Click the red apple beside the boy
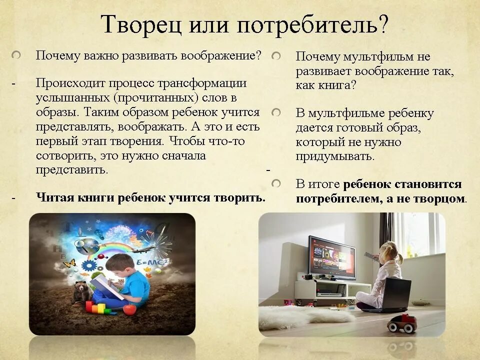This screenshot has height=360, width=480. click(129, 309)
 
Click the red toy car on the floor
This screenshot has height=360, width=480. click(402, 324)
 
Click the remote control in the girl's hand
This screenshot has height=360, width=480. click(369, 256)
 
